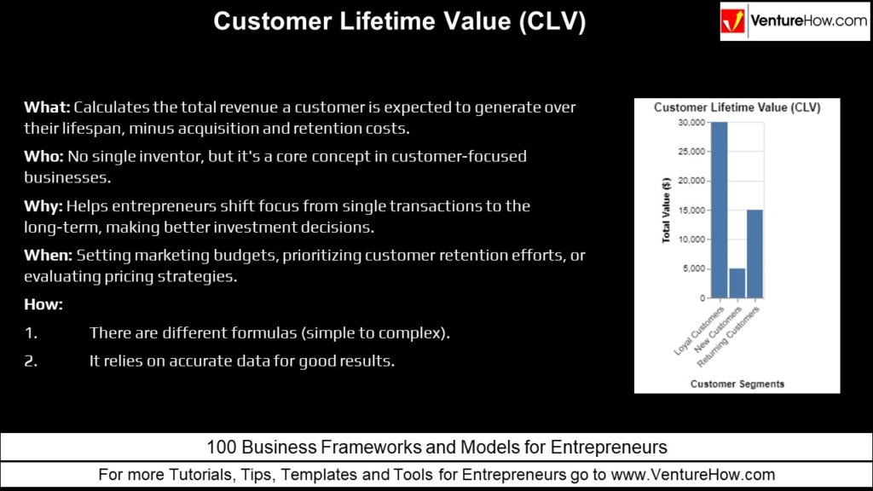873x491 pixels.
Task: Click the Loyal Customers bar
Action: click(720, 210)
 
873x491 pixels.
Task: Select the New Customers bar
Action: click(737, 283)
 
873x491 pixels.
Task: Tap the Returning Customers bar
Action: click(755, 254)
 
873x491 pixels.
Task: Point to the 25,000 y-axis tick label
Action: click(691, 152)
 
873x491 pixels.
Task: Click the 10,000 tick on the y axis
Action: click(691, 240)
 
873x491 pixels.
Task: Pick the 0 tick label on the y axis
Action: click(702, 298)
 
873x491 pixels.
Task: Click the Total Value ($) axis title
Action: click(666, 210)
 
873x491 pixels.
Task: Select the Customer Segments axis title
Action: click(737, 384)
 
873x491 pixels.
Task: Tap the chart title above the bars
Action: click(737, 107)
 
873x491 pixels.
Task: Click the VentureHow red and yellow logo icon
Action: click(732, 21)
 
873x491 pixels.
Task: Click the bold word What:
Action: click(47, 107)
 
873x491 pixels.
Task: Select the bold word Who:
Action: click(43, 156)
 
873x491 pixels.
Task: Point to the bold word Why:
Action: click(43, 206)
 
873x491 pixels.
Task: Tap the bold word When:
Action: click(48, 255)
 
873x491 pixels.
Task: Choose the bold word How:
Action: click(43, 304)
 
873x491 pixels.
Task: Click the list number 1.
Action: click(31, 333)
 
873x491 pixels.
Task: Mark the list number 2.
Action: click(31, 361)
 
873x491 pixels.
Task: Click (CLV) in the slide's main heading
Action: click(552, 21)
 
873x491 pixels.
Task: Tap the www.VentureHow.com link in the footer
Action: click(692, 475)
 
